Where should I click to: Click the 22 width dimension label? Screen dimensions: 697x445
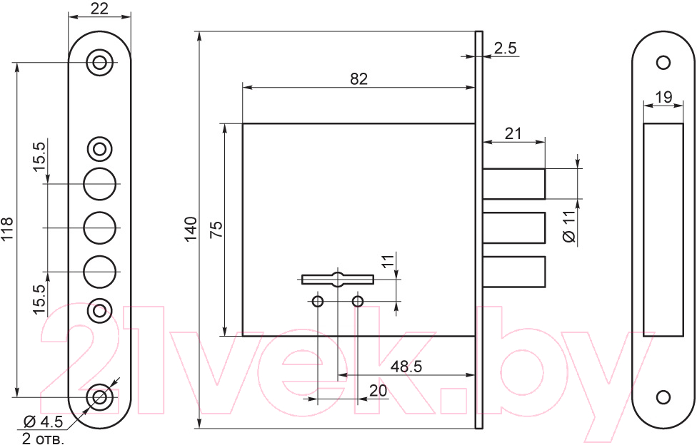(x=99, y=8)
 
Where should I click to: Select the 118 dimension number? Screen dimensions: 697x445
(x=8, y=230)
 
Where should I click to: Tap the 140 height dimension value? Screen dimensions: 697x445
(x=191, y=229)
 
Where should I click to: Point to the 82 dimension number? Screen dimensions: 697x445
(x=358, y=78)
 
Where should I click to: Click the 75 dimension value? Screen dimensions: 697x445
(x=216, y=230)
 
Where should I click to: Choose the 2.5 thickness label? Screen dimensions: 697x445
(x=506, y=48)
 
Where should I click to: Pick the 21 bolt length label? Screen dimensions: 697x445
(x=513, y=133)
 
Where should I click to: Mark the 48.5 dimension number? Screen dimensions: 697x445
(x=406, y=367)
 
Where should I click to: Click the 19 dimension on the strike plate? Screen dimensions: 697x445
(x=663, y=97)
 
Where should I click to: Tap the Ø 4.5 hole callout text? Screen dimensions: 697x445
(x=44, y=421)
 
